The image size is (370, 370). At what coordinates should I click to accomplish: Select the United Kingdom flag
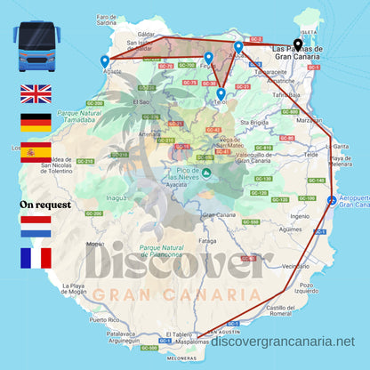(x=36, y=93)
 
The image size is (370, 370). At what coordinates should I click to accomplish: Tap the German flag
(x=36, y=123)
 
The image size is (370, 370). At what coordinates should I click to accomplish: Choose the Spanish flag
(x=36, y=152)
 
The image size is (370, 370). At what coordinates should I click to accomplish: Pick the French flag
(x=36, y=258)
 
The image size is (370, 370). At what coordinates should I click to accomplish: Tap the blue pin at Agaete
(x=105, y=61)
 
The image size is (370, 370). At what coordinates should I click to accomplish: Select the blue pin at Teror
(x=221, y=93)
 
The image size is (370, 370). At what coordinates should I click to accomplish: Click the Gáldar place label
(x=147, y=34)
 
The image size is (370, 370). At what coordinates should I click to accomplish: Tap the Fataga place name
(x=207, y=240)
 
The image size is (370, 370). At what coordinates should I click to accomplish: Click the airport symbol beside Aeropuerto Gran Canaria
(x=332, y=199)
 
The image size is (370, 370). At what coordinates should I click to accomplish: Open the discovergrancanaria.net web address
(x=284, y=342)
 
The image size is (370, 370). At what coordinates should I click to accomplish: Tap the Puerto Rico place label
(x=103, y=319)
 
